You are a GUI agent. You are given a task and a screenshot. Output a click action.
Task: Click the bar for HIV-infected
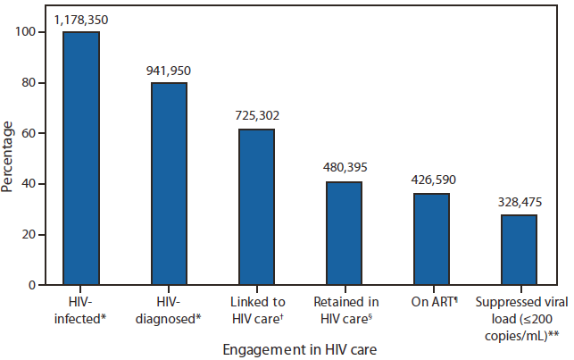coord(80,158)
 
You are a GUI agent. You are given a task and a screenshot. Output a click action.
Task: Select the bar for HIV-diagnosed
coord(168,184)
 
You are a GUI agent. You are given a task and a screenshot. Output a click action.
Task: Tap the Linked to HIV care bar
coord(255,207)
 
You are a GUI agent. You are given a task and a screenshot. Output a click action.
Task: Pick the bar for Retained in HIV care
coord(343,233)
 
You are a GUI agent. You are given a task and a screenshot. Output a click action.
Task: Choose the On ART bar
coord(430,239)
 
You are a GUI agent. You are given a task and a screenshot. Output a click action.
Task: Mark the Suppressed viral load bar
coord(518,250)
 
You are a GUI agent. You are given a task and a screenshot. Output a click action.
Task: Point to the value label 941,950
coord(168,70)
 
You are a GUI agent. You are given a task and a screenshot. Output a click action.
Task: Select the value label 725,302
coord(255,117)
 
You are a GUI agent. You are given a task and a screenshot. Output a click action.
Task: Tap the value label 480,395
coord(343,167)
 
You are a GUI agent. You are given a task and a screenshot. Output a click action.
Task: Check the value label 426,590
coord(430,180)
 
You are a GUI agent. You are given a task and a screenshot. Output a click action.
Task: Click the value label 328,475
coord(518,202)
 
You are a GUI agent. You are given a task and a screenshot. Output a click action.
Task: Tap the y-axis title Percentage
coord(10,158)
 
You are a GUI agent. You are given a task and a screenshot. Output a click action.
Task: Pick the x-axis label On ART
coord(431,301)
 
